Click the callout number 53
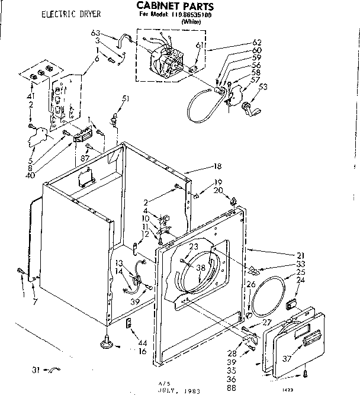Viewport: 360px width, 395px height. pos(262,87)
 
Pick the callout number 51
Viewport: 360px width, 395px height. pos(125,98)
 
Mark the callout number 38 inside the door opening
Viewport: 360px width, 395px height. pos(201,267)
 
